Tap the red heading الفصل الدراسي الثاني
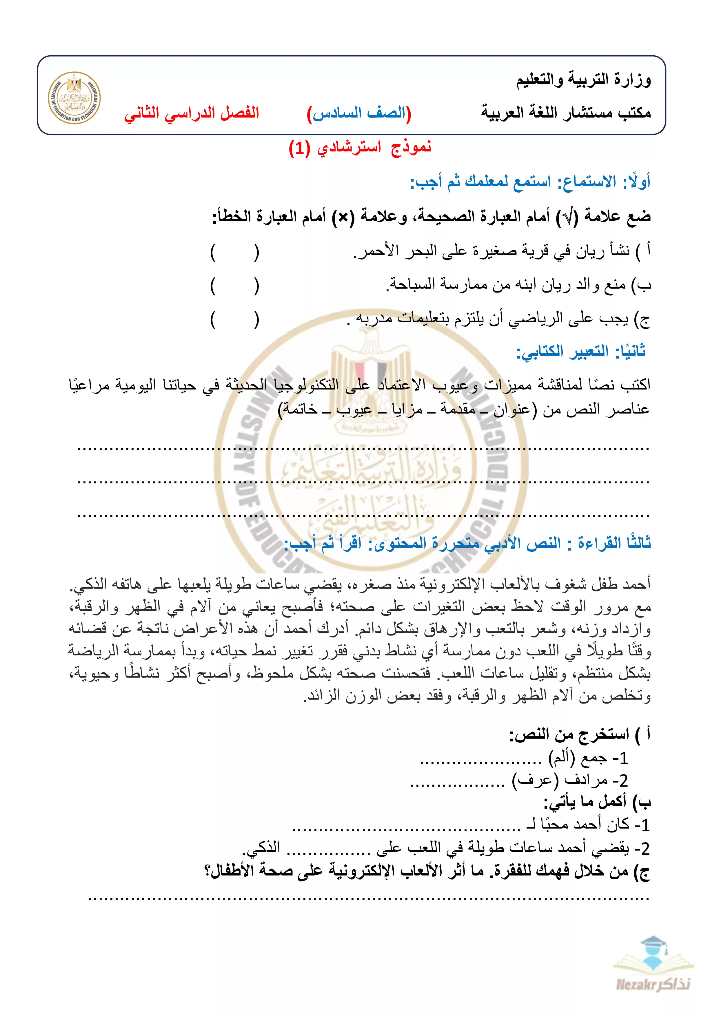tap(192, 113)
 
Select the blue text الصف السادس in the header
tap(359, 113)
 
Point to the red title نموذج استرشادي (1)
tap(359, 147)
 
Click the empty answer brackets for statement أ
tap(235, 252)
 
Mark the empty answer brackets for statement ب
tap(235, 286)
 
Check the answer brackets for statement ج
tap(235, 319)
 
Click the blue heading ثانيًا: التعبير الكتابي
tap(581, 352)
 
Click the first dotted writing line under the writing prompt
tap(363, 449)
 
